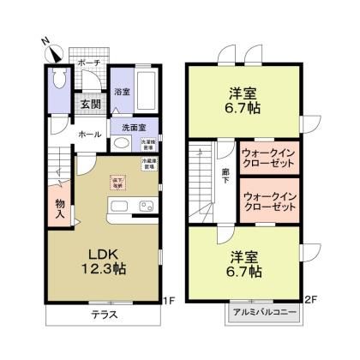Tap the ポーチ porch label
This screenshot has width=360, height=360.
pyautogui.click(x=89, y=63)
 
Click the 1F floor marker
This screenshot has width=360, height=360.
pyautogui.click(x=170, y=301)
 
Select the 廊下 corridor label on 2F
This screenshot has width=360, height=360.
pyautogui.click(x=223, y=175)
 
